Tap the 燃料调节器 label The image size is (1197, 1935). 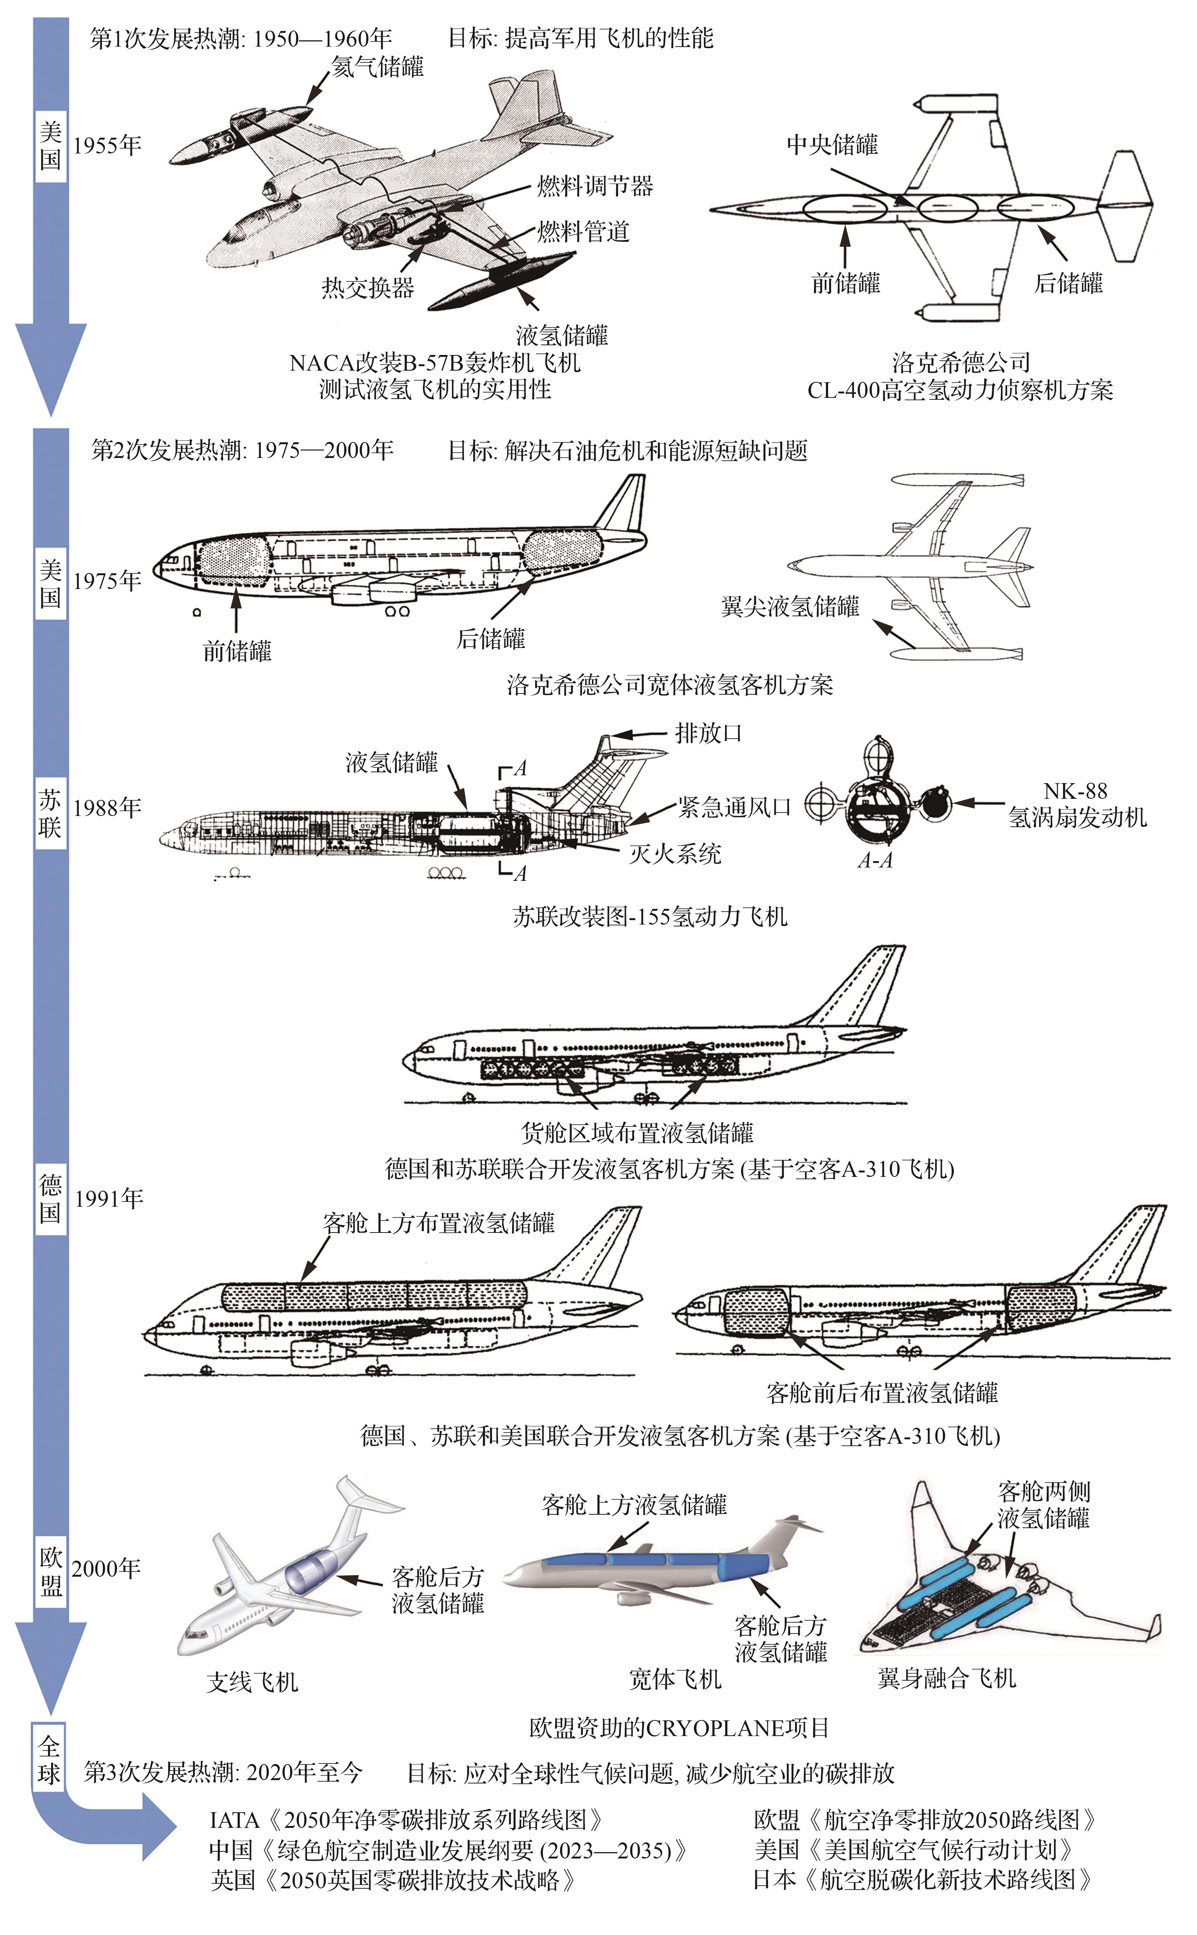pyautogui.click(x=595, y=187)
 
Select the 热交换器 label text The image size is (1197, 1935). pyautogui.click(x=368, y=288)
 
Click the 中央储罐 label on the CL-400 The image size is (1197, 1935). pyautogui.click(x=832, y=145)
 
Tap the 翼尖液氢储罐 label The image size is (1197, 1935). pyautogui.click(x=790, y=607)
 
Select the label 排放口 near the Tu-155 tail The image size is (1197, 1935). pyautogui.click(x=709, y=733)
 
